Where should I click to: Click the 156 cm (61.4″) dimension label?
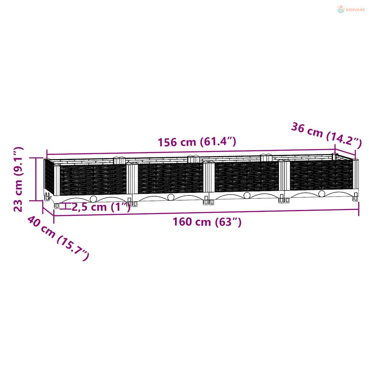tap(197, 142)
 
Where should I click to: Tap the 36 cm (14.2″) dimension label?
tap(326, 135)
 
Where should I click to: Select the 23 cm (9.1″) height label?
tap(18, 179)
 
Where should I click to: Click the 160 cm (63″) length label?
tap(207, 222)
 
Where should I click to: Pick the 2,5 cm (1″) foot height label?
tap(101, 207)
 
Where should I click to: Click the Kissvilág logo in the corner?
tap(351, 9)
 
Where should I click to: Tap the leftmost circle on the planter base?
tap(93, 199)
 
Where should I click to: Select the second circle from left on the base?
tap(171, 197)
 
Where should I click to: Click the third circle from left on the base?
tap(247, 195)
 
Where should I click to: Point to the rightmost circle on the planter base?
tap(322, 194)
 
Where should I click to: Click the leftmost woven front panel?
tap(93, 180)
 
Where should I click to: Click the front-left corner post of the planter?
tap(57, 180)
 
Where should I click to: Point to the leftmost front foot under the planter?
tap(57, 205)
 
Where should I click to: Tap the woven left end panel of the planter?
tap(49, 177)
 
